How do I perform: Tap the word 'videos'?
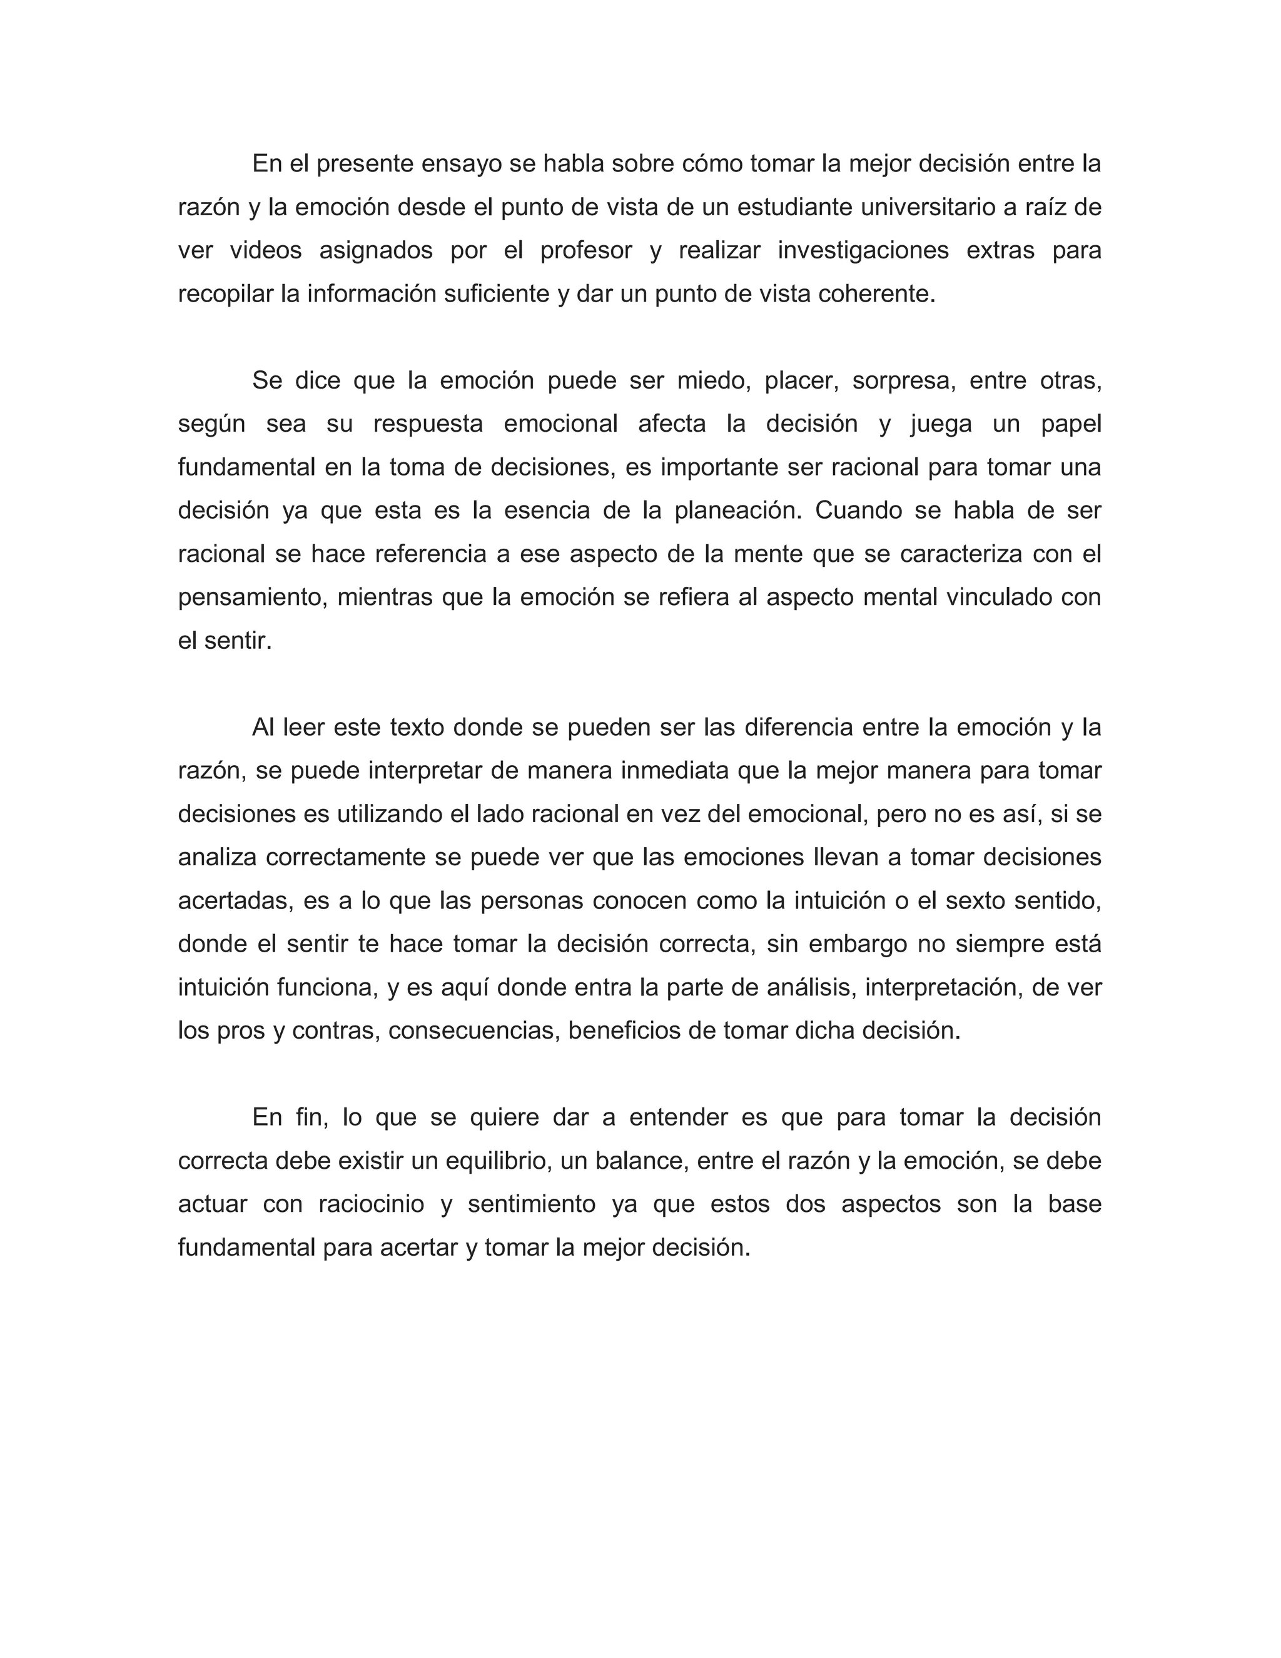click(266, 250)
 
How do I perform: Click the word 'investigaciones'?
click(863, 250)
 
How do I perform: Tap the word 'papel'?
click(1071, 424)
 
